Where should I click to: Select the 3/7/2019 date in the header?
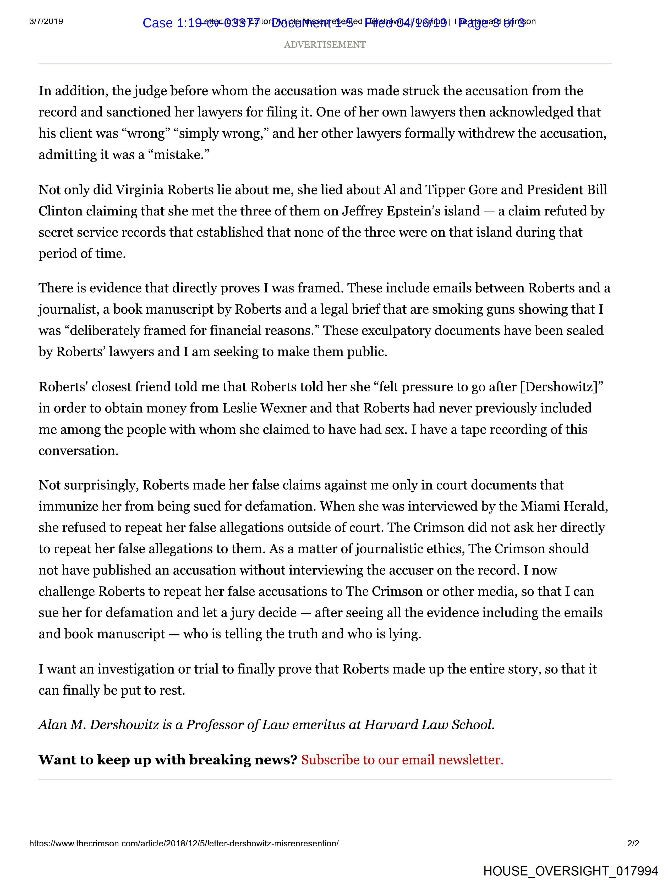[x=46, y=21]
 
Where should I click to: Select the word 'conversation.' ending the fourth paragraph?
[x=78, y=451]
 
